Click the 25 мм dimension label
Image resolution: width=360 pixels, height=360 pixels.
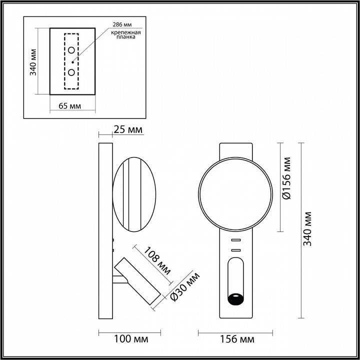(128, 130)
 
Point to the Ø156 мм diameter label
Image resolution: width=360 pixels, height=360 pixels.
(286, 179)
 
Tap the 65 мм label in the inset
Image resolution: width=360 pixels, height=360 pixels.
(69, 105)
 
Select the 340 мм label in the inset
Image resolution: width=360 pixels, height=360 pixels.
(33, 61)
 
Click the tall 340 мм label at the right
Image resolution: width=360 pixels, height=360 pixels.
(308, 229)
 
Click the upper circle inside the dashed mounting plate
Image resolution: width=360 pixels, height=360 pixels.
(71, 50)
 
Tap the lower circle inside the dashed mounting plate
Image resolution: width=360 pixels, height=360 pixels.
(71, 72)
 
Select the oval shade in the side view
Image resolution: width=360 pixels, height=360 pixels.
(134, 194)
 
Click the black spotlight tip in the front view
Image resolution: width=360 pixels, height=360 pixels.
(234, 299)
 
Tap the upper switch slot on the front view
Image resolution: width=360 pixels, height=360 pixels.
(235, 240)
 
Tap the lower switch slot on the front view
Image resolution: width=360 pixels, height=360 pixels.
(235, 249)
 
